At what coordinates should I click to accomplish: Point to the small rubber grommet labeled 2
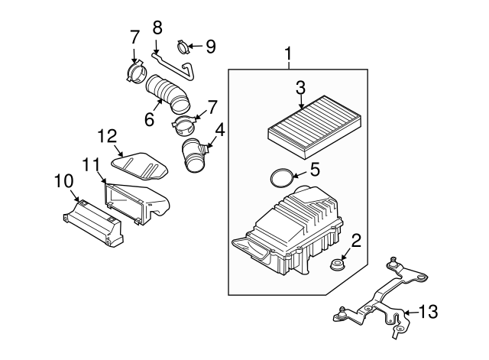(x=335, y=268)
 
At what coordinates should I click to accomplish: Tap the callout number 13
(x=429, y=312)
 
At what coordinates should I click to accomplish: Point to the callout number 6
(x=150, y=120)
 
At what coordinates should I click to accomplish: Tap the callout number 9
(x=210, y=47)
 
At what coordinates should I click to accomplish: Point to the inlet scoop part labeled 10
(x=92, y=222)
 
